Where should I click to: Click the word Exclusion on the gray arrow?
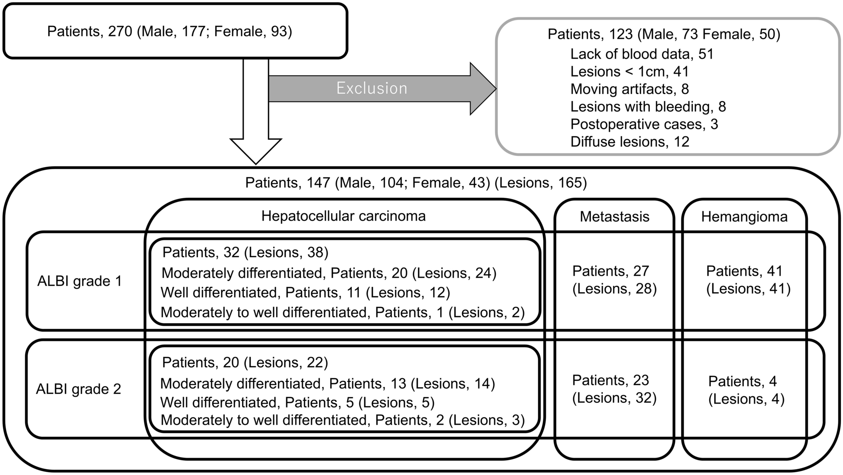tap(372, 88)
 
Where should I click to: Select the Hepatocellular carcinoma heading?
tap(343, 216)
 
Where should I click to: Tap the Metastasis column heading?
tap(614, 217)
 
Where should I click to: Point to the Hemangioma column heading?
tap(744, 217)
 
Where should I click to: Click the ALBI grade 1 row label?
tap(80, 281)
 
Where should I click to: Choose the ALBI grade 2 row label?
tap(78, 389)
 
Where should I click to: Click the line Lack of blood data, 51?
tap(642, 54)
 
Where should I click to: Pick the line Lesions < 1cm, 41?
tap(630, 72)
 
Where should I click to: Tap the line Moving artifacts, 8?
tap(630, 89)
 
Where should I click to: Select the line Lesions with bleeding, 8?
tap(648, 107)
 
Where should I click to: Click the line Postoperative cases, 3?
tap(644, 124)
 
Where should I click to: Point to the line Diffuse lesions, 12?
tap(630, 142)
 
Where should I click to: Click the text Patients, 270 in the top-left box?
tap(90, 32)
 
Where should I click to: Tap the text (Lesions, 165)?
tap(541, 183)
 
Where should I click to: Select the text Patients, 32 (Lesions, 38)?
tap(245, 252)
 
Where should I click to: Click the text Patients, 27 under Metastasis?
tap(610, 271)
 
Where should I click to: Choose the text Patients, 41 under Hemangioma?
tap(744, 271)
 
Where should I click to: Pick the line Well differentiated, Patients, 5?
tap(297, 402)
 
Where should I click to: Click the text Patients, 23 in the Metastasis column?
tap(610, 380)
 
